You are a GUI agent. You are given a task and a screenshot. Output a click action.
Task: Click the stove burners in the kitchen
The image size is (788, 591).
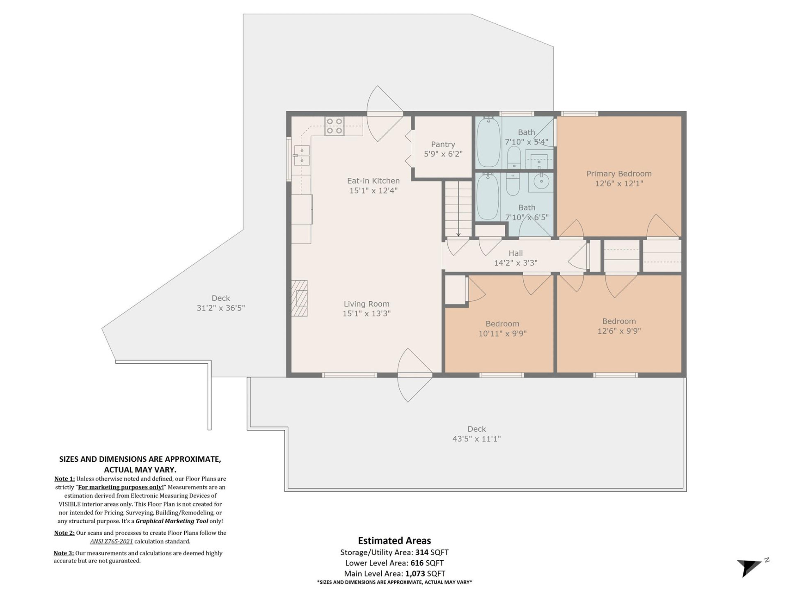(x=334, y=126)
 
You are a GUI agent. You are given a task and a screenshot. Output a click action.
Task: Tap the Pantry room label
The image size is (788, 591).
(x=443, y=149)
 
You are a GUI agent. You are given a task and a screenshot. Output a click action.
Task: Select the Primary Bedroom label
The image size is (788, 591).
(x=618, y=179)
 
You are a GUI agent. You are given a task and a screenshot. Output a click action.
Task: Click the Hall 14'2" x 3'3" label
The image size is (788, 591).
(x=515, y=258)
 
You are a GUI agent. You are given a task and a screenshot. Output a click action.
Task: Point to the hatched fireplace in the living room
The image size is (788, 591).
(x=300, y=298)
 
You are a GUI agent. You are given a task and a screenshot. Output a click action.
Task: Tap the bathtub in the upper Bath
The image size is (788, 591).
(x=488, y=142)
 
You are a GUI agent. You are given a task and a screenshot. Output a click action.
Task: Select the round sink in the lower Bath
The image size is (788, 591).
(x=541, y=181)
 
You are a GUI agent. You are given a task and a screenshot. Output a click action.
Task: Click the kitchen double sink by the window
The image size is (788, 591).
(x=302, y=156)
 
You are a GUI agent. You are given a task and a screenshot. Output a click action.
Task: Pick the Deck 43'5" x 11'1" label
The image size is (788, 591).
(x=476, y=434)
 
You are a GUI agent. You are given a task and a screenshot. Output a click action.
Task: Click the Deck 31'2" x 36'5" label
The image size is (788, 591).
(x=221, y=303)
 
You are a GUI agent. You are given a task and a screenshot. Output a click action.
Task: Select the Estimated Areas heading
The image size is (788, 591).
(x=394, y=541)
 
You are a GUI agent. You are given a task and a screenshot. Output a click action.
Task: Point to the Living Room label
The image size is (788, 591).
(x=367, y=308)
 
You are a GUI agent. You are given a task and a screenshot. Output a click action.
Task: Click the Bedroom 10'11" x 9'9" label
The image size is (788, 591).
(x=502, y=329)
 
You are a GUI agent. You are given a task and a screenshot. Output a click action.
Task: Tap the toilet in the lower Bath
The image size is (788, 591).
(x=513, y=184)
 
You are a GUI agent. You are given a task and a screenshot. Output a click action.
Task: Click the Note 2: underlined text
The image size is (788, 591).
(x=64, y=533)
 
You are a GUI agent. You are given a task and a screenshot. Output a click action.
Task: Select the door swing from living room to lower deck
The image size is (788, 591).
(x=415, y=375)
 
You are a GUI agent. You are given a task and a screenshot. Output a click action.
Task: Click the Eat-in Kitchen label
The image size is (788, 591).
(x=373, y=185)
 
